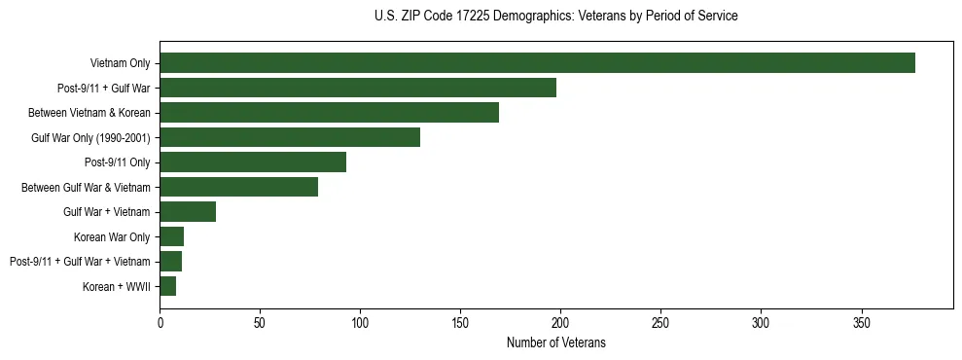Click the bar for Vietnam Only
click(537, 63)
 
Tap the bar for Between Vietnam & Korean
click(329, 113)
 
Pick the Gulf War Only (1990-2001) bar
click(290, 137)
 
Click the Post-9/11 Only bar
click(253, 162)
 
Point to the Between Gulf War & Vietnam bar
click(238, 187)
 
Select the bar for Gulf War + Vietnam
click(188, 212)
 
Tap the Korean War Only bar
click(171, 236)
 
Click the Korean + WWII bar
click(167, 286)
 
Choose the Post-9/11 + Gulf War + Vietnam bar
click(170, 262)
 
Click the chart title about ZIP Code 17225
click(555, 17)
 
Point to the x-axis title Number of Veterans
click(555, 342)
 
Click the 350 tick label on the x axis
click(861, 322)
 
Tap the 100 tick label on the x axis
click(360, 322)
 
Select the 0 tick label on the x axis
click(160, 322)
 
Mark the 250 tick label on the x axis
click(660, 322)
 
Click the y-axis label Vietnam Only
click(120, 64)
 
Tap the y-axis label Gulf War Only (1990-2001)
click(90, 138)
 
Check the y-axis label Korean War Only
click(112, 237)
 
